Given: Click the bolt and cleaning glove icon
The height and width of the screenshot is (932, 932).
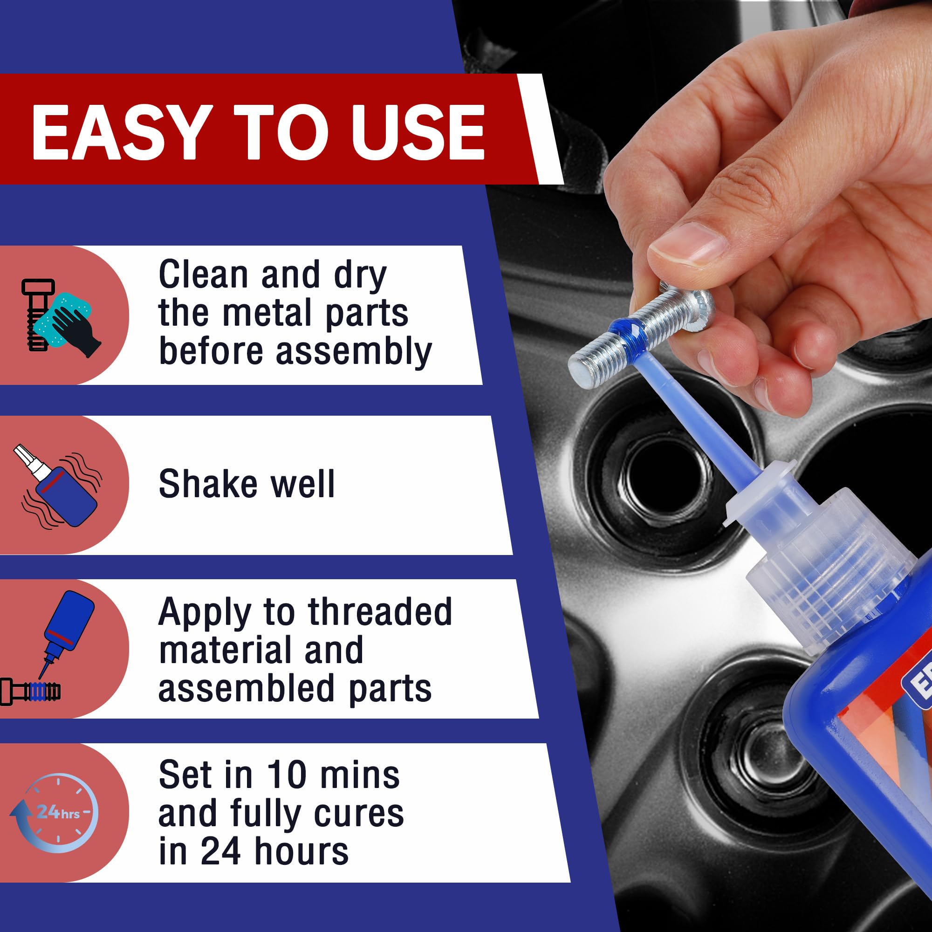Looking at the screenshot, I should pyautogui.click(x=60, y=316).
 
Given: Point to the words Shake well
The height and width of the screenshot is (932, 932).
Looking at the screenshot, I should pyautogui.click(x=246, y=484).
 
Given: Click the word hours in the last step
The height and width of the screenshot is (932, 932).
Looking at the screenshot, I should pyautogui.click(x=301, y=851).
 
